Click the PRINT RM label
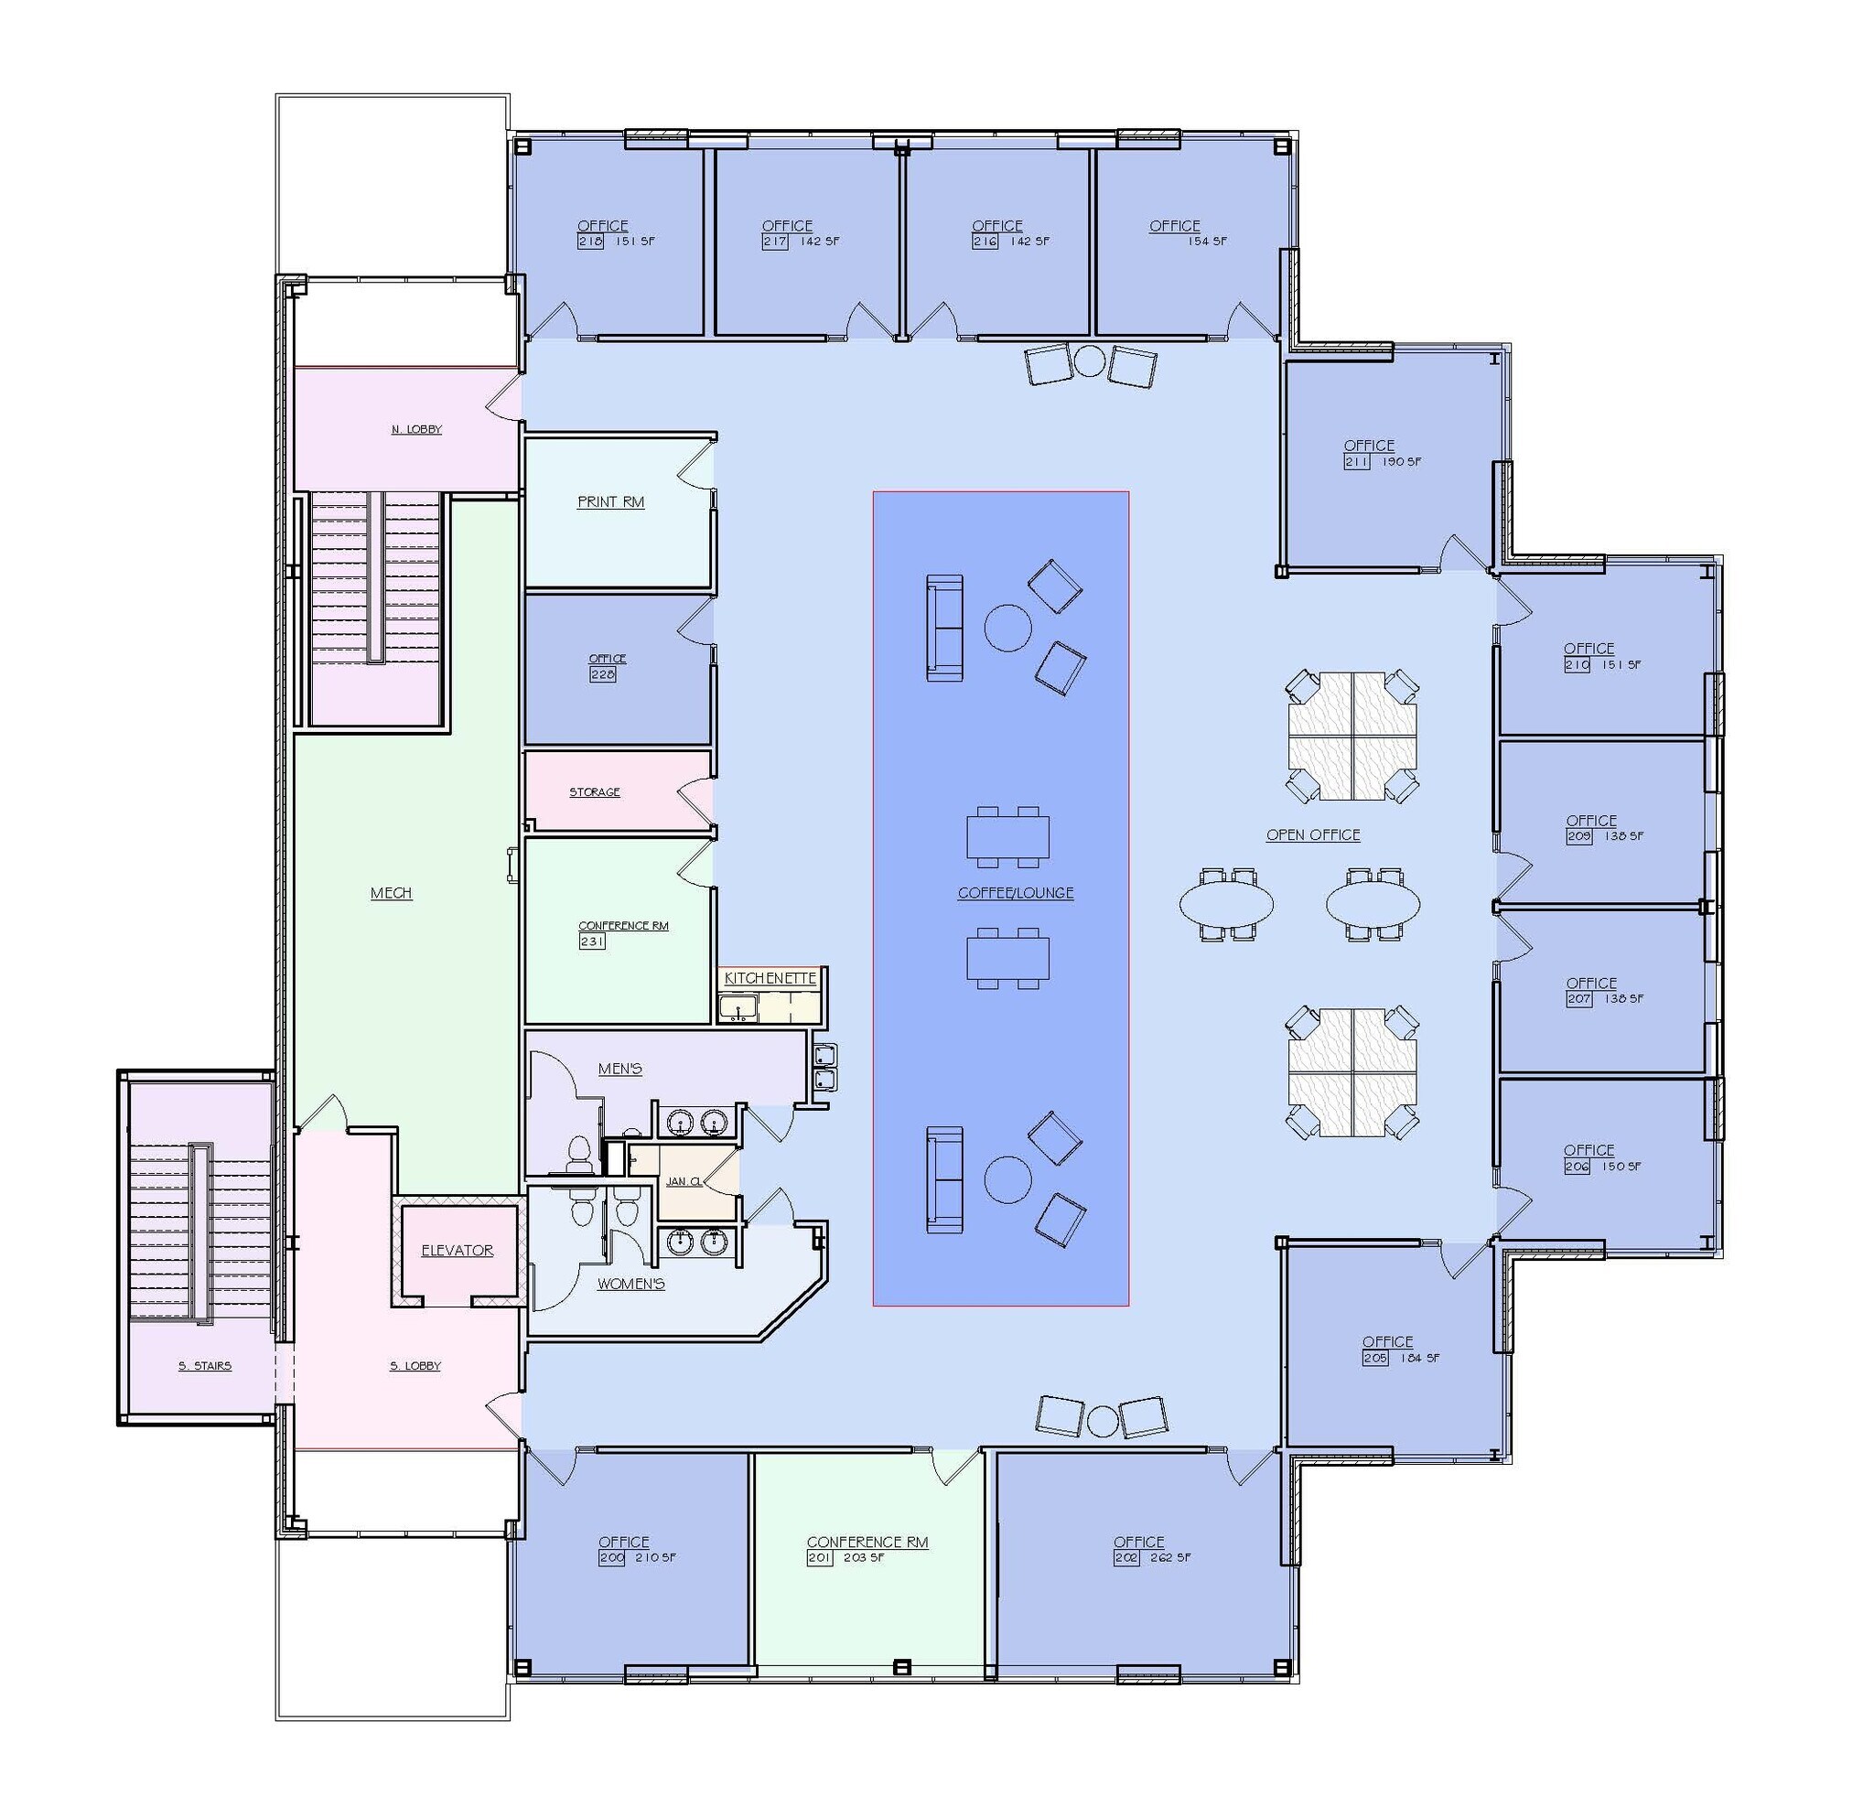pos(610,501)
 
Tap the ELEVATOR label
pos(457,1250)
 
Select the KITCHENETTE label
pos(770,979)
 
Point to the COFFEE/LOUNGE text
pos(1016,893)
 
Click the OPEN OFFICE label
pos(1313,834)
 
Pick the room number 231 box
pos(592,941)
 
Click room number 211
pos(1357,462)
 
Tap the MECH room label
pos(391,893)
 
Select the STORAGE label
pos(595,792)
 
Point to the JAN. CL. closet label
pos(684,1182)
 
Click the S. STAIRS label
pos(205,1366)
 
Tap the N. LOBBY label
pos(417,430)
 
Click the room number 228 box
pos(602,674)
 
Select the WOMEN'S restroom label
pos(630,1284)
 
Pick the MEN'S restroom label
pos(619,1069)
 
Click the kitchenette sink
pos(738,1007)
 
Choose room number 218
pos(590,242)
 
